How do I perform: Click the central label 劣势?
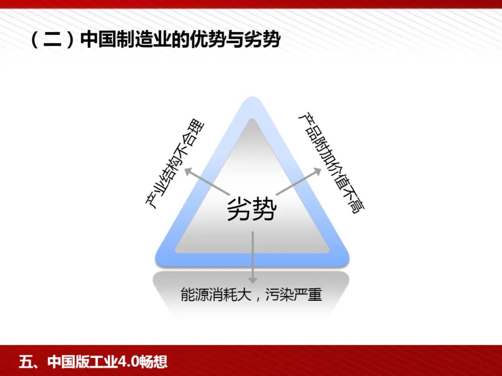251,209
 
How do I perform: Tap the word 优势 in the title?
212,40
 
